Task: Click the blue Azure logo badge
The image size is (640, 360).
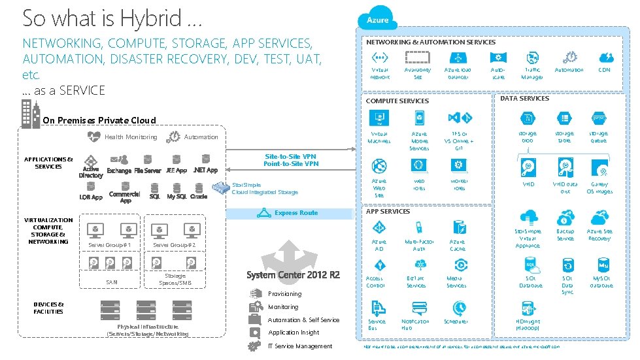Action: point(377,20)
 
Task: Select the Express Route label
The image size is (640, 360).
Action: point(295,213)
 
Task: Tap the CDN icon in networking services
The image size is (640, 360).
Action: point(604,57)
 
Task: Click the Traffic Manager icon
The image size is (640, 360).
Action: point(531,57)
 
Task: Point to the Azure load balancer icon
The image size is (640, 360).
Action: point(458,57)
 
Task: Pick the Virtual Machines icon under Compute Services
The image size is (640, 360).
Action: point(379,118)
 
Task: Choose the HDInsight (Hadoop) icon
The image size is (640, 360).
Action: point(528,308)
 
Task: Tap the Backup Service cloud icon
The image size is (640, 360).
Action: point(565,218)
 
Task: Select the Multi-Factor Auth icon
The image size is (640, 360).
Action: point(419,227)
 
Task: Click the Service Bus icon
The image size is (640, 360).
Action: point(378,308)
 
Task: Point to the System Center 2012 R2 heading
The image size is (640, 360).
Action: point(293,275)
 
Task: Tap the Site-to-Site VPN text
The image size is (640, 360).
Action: point(291,157)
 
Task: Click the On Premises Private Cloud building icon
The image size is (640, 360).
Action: point(30,115)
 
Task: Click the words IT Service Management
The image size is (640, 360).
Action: point(300,346)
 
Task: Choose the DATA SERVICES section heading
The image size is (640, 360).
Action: point(524,99)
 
